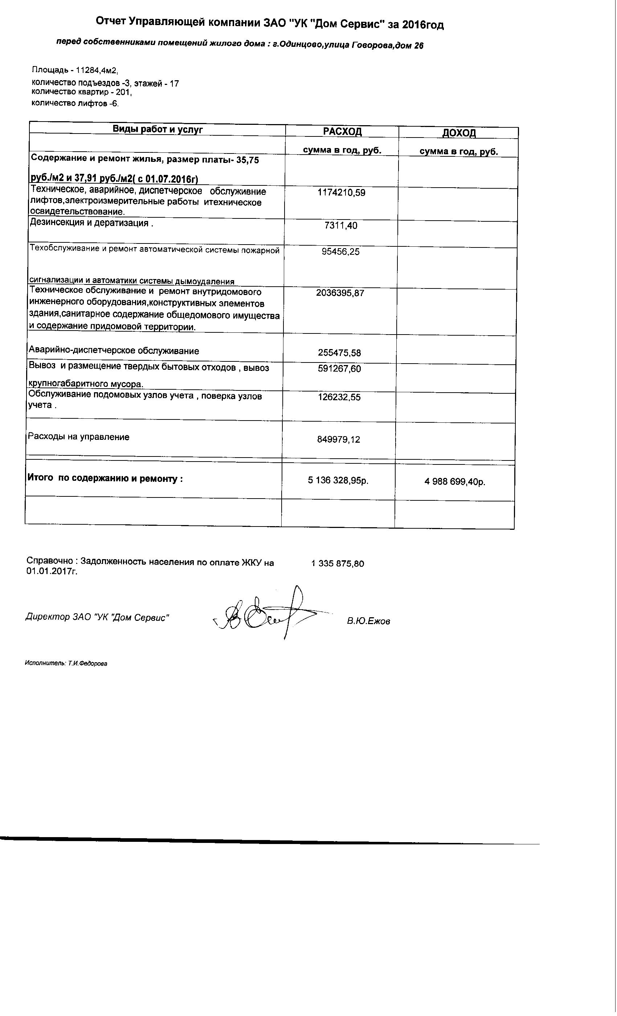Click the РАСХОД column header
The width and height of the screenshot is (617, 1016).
342,131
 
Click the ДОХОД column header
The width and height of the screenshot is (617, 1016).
459,133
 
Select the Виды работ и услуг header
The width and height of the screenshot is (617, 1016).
158,130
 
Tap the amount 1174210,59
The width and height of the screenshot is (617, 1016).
341,193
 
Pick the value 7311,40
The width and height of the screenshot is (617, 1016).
341,226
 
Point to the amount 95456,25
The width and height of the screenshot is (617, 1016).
340,251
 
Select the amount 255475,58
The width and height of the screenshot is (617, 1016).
339,353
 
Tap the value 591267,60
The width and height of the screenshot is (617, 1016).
339,369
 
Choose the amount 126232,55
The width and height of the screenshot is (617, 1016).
339,397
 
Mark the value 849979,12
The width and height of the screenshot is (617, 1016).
338,439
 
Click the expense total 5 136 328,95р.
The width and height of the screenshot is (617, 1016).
338,480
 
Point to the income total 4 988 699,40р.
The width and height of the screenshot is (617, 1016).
454,482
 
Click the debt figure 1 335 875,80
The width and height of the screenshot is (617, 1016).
338,564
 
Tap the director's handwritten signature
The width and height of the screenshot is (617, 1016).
264,613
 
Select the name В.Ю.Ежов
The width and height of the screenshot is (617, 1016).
368,621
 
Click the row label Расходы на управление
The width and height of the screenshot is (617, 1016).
78,437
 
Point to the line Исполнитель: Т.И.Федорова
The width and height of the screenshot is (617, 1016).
66,663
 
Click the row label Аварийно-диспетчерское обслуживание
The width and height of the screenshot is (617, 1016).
113,351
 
